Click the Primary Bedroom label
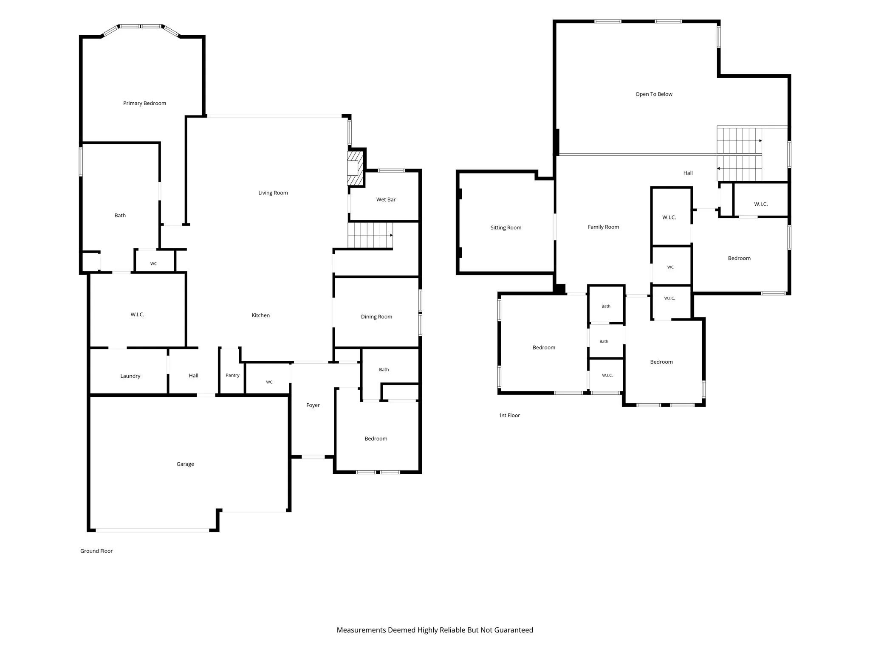144,104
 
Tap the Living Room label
273,193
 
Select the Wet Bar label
386,200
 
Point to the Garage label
185,464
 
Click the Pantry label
232,375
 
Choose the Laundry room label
130,376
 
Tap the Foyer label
313,405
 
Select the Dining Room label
376,317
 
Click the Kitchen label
260,315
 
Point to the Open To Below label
654,94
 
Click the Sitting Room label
506,228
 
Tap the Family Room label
603,227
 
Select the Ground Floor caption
96,551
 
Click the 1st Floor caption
509,416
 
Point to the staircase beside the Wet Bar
370,235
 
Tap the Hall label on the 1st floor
688,173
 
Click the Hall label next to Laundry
193,376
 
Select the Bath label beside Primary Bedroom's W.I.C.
120,216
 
